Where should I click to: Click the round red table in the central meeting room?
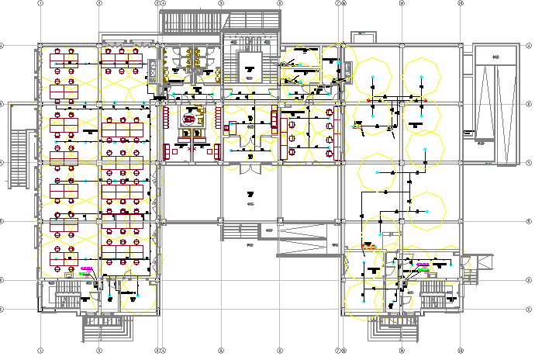point(189,119)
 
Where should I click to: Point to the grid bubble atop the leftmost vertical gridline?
point(40,3)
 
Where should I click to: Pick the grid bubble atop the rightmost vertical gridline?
point(461,3)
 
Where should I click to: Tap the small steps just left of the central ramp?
point(240,230)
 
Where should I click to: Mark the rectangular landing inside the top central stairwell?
point(250,64)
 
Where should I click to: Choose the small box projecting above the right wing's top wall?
point(362,36)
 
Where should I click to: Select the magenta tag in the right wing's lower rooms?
point(423,265)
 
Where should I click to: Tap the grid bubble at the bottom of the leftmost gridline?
point(40,350)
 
